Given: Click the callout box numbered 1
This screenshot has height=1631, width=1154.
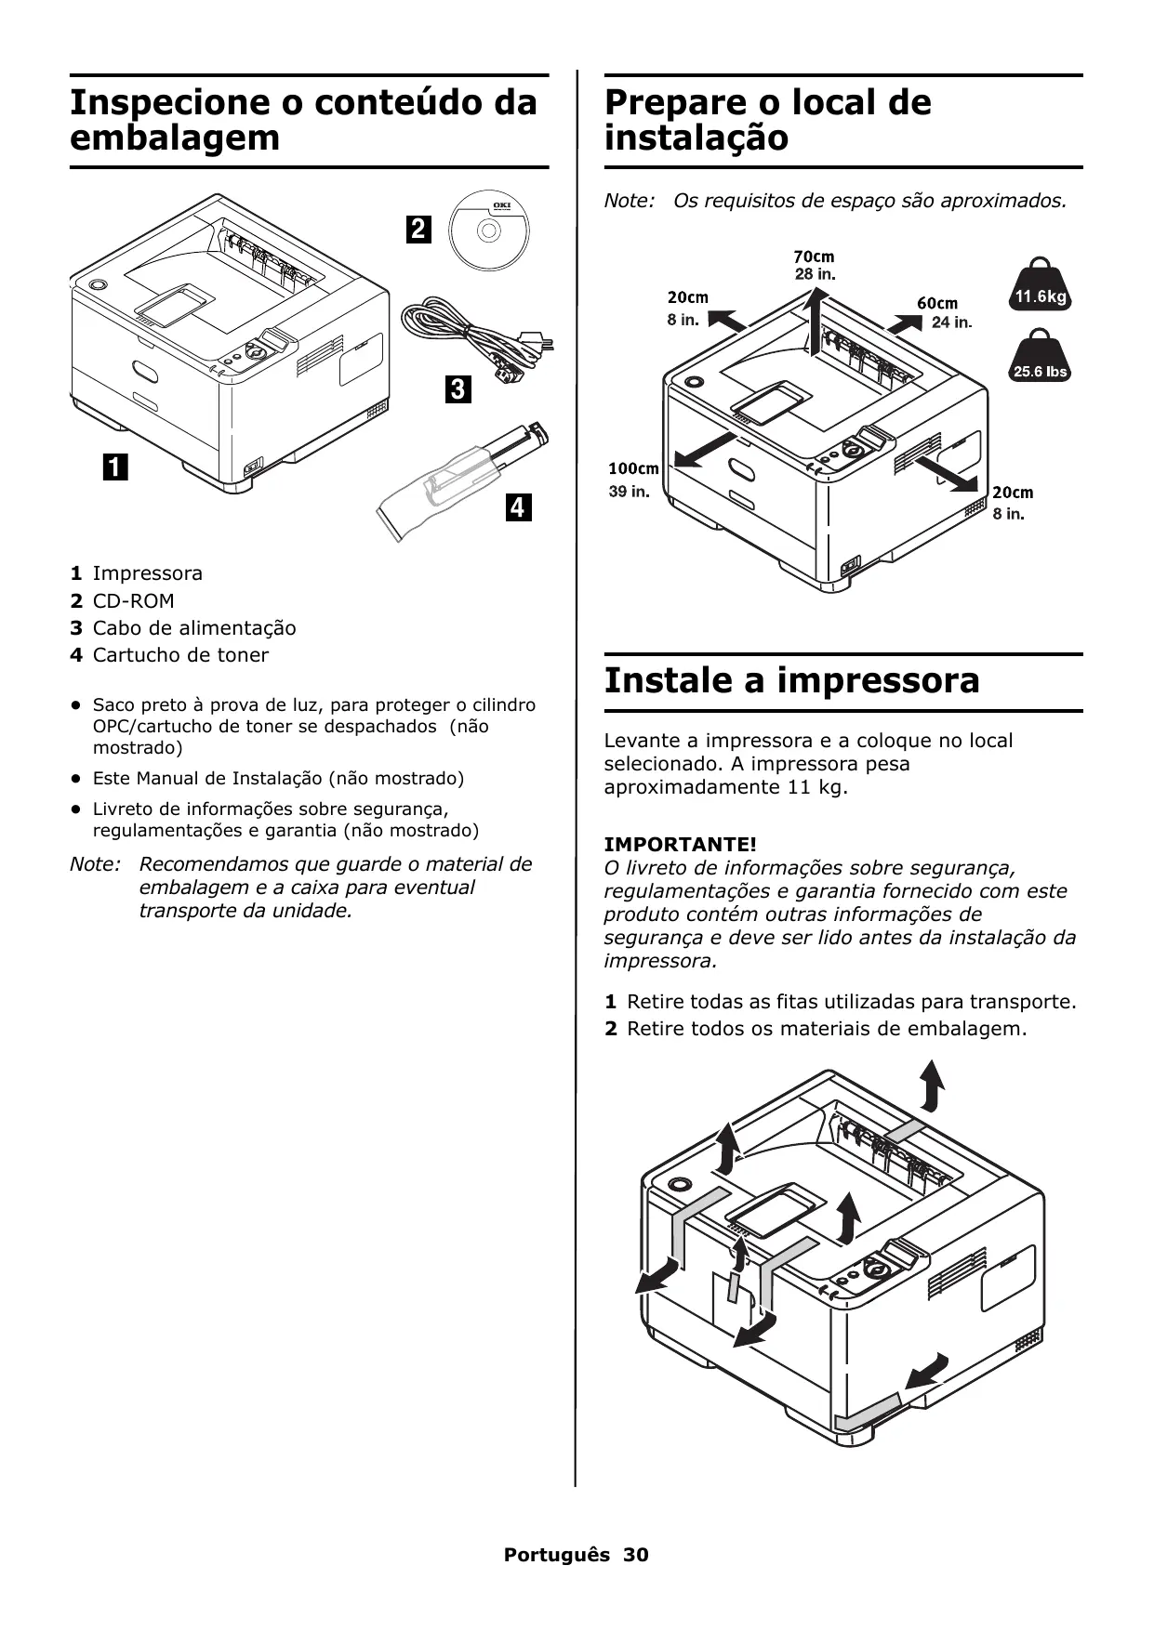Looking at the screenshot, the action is tap(115, 466).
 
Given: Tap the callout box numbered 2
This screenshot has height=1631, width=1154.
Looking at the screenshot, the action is tap(418, 229).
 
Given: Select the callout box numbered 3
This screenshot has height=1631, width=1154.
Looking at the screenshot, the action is tap(458, 388).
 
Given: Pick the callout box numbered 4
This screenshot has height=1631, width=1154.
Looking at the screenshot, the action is tap(518, 507).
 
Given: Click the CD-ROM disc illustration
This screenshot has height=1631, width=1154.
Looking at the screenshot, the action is tap(487, 230).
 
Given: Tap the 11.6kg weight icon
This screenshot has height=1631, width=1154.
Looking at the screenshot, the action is tap(1040, 291).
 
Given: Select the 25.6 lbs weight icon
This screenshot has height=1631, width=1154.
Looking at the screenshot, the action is tap(1040, 362).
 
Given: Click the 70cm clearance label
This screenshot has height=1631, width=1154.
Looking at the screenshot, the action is tap(814, 256).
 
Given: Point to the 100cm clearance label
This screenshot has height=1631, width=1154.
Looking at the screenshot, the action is tap(633, 468).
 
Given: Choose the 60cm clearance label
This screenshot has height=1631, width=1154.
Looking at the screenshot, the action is tap(937, 303).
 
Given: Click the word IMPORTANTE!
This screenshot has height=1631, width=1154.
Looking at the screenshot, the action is tap(681, 844).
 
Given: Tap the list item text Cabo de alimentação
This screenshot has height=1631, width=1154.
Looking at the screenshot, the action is tap(194, 628).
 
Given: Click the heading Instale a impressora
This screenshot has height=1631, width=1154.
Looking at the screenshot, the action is tap(791, 680).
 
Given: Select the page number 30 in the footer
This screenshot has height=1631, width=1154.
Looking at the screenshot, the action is tap(636, 1555).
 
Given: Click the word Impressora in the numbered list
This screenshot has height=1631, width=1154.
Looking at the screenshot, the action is tap(148, 573).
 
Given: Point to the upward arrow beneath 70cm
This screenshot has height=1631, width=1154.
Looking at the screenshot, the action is tap(816, 321).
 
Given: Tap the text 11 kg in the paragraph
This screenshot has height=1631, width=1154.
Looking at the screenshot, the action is tap(818, 787).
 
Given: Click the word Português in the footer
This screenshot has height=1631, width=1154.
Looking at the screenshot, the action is tap(557, 1555).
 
